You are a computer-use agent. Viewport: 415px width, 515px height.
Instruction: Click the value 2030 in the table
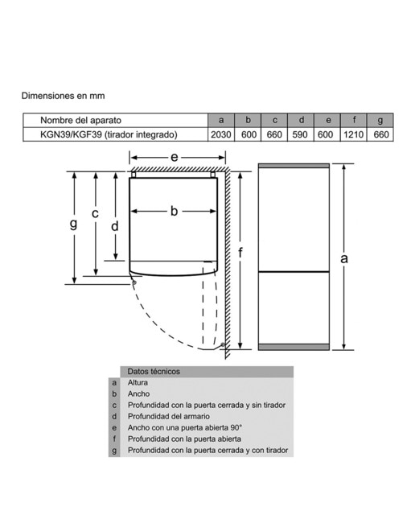coord(220,134)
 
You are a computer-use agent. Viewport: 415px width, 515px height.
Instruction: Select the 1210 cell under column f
coord(353,134)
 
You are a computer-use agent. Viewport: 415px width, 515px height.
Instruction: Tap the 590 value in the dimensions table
coord(300,134)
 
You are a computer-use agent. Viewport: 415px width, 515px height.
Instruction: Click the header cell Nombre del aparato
coord(80,120)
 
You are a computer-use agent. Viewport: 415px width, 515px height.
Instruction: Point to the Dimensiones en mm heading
coord(63,96)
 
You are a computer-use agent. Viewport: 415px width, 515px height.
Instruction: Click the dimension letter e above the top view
coord(175,158)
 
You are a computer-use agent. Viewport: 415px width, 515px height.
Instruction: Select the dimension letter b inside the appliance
coord(174,211)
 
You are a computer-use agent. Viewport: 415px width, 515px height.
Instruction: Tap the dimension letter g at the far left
coord(74,224)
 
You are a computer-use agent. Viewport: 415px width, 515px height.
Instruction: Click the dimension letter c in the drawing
coord(95,214)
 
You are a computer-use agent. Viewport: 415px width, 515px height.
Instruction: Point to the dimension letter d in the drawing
coord(114,226)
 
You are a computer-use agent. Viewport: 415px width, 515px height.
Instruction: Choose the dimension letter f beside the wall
coord(240,253)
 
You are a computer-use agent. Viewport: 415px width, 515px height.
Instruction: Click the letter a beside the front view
coord(343,259)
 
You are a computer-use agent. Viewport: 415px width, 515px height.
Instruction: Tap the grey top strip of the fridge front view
coord(294,166)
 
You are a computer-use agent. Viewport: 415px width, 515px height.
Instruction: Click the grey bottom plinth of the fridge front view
coord(294,347)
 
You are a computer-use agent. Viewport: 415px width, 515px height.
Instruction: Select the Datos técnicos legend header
coord(154,372)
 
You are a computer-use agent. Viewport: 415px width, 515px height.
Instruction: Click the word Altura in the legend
coord(138,383)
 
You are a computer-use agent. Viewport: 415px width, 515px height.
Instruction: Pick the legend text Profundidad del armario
coord(169,417)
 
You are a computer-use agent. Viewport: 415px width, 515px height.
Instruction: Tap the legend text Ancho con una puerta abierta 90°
coord(185,427)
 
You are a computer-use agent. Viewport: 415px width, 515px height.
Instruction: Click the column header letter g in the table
coord(380,120)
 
